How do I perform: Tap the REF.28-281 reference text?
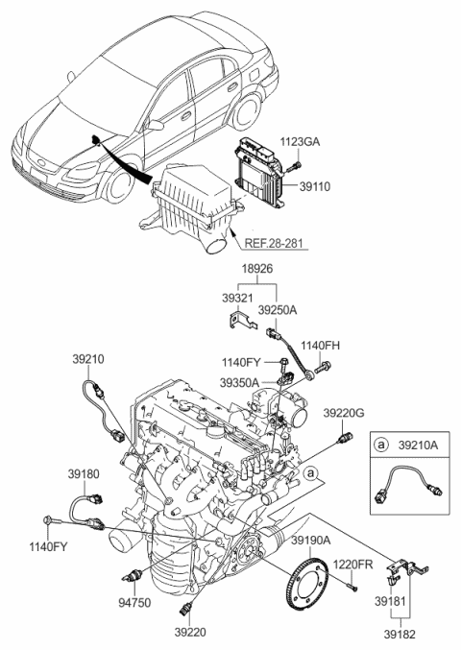pos(276,244)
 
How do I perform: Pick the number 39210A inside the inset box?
pos(416,446)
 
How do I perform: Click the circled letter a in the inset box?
pos(382,446)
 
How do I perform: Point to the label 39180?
pos(84,473)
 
